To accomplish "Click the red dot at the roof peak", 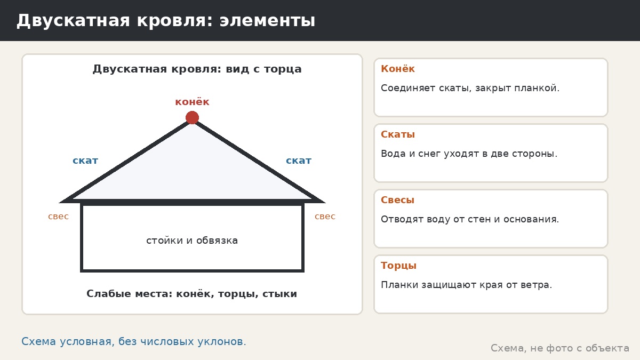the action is tap(192, 117).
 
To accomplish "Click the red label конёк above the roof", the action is tap(192, 102).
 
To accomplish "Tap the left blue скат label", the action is tap(85, 161).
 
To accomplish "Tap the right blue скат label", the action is tap(299, 161).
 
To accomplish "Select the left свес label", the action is tap(58, 217).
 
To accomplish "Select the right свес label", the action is tap(325, 217).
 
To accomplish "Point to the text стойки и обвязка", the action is tap(192, 241).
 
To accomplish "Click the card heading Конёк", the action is tap(398, 69).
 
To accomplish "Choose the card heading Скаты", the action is tap(398, 134).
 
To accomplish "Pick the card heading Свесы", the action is tap(397, 200).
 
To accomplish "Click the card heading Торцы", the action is tap(398, 266).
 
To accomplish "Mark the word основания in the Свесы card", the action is tap(531, 219).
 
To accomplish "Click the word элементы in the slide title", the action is tap(267, 21).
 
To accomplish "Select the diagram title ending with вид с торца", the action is tap(197, 69).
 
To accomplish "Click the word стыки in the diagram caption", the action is tap(279, 294).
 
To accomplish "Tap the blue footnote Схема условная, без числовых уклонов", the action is tap(134, 341).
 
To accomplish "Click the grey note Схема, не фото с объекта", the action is tap(560, 348).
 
